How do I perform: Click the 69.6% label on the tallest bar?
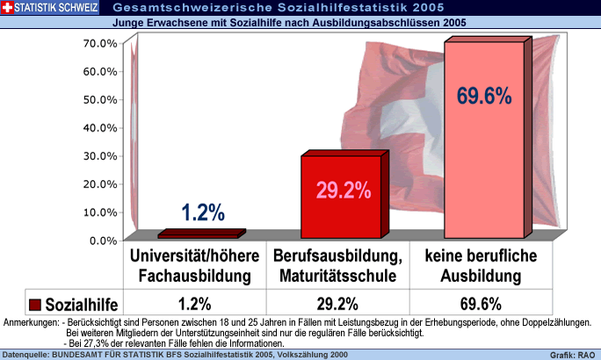coord(483,96)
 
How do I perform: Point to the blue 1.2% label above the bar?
coord(203,212)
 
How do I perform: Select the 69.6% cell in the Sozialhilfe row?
coord(481,305)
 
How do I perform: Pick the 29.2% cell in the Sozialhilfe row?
coord(337,305)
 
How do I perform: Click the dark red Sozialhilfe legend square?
coord(35,305)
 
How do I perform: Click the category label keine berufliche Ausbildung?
coord(481,265)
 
